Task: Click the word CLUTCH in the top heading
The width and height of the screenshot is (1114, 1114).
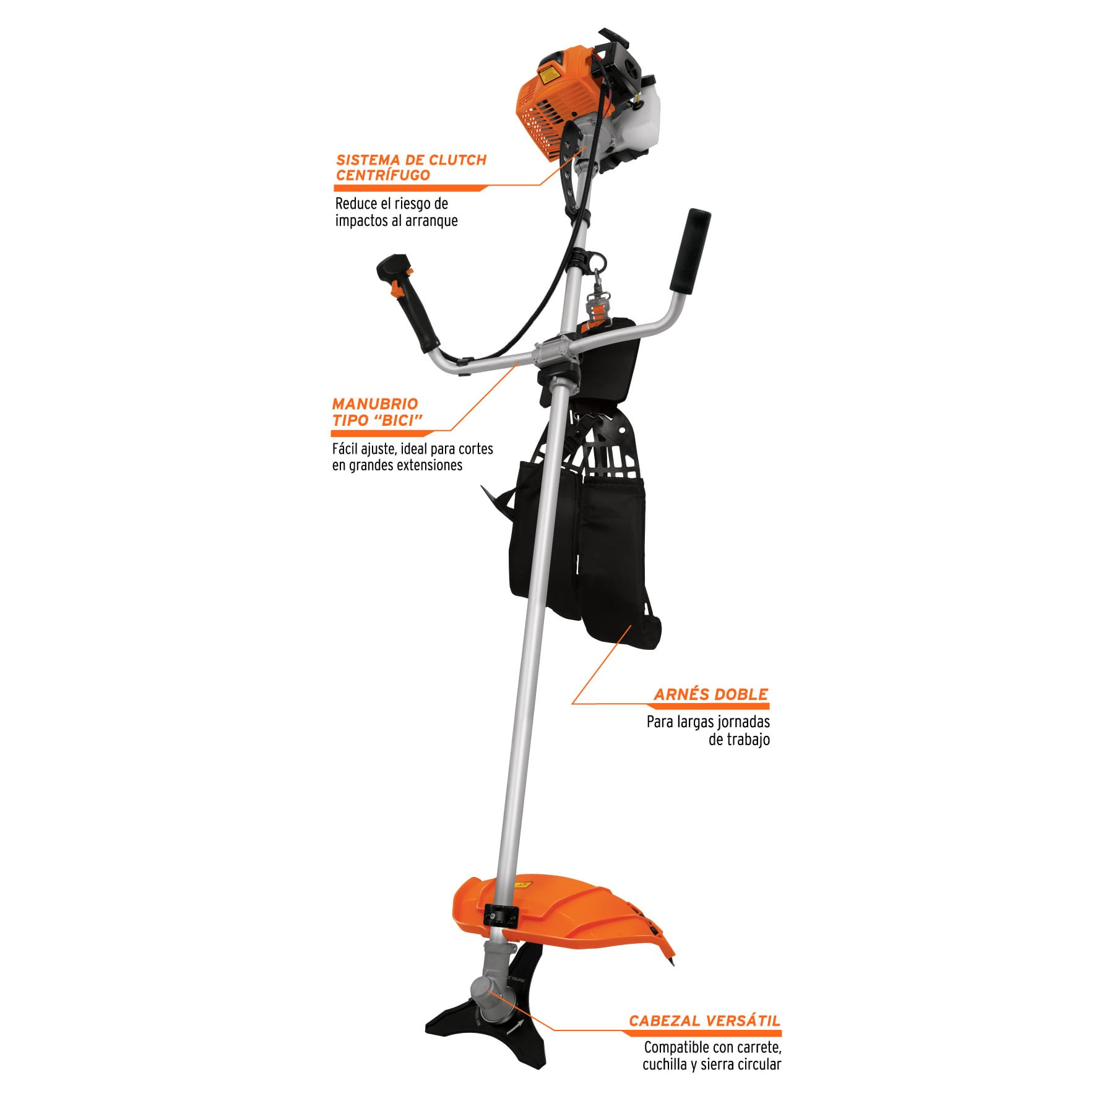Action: (457, 160)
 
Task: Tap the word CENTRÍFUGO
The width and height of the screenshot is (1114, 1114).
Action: (383, 175)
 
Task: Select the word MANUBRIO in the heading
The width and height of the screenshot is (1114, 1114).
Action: (375, 404)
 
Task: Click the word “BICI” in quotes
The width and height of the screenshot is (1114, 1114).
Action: (399, 420)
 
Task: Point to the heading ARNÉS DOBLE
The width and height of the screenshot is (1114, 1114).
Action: (711, 694)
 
